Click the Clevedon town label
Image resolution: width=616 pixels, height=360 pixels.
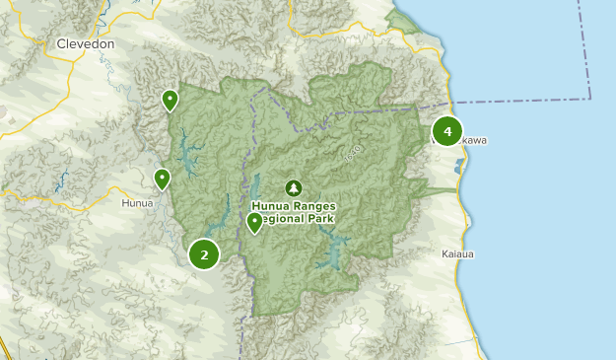coord(86,44)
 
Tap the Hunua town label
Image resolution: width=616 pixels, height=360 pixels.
coord(137,203)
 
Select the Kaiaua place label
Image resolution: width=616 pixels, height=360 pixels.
coord(458,254)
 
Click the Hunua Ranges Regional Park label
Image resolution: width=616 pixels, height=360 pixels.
coord(294,212)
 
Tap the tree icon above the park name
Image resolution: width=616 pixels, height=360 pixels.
coord(293,187)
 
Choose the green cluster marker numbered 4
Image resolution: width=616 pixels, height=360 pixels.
coord(447,131)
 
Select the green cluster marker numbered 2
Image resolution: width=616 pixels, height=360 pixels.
coord(204,254)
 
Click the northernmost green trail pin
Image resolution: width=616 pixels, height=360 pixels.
coord(171,99)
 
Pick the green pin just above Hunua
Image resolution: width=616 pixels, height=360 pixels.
coord(162,179)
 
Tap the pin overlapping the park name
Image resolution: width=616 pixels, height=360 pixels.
coord(254,222)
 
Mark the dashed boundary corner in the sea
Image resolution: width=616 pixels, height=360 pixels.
coord(590,99)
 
